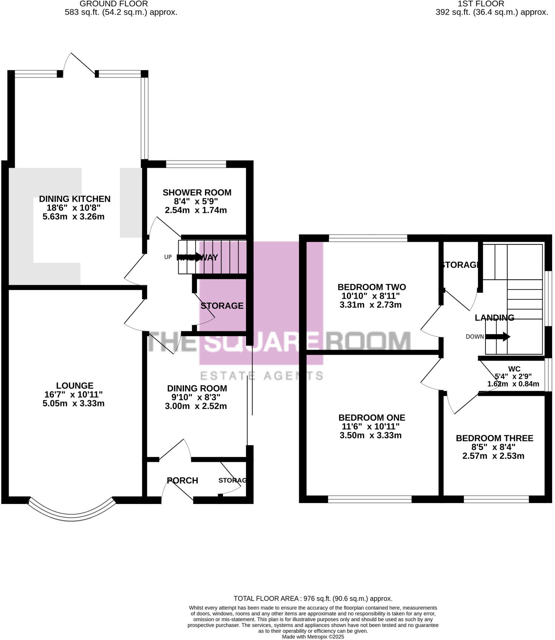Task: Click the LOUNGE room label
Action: click(x=75, y=385)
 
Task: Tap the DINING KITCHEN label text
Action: click(x=75, y=199)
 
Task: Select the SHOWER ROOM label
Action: click(x=197, y=192)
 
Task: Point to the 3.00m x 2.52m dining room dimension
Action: click(x=196, y=406)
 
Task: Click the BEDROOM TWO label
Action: click(x=371, y=287)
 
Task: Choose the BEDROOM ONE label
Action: click(x=371, y=418)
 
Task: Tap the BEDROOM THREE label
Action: click(x=494, y=438)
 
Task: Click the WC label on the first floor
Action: click(x=514, y=369)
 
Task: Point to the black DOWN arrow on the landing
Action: click(x=497, y=336)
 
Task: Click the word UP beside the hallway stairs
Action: click(x=168, y=257)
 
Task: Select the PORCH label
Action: click(x=183, y=480)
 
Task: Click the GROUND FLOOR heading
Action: click(x=114, y=4)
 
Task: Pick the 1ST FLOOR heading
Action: click(x=481, y=4)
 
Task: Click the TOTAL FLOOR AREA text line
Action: click(x=313, y=598)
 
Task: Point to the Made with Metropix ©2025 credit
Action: click(x=313, y=637)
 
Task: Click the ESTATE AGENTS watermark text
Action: click(x=261, y=375)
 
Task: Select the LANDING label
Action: click(x=494, y=317)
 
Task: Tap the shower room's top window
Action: click(x=196, y=164)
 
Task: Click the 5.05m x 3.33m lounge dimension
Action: click(x=73, y=403)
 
